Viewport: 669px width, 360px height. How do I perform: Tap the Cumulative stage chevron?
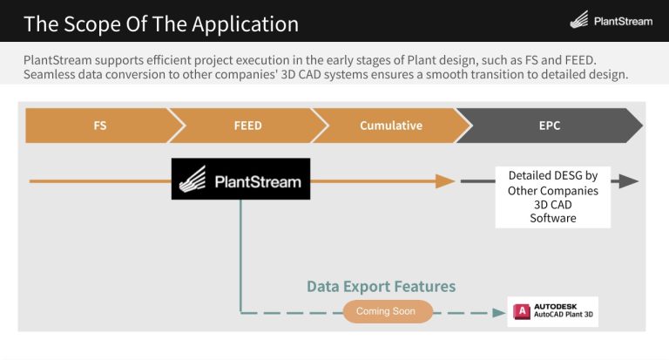390,126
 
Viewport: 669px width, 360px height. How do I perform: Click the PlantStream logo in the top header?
610,21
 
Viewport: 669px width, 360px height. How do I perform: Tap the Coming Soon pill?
387,311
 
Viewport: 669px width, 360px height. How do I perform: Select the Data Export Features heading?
381,286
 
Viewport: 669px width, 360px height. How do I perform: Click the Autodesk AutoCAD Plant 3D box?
553,311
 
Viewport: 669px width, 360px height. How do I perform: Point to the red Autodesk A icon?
522,311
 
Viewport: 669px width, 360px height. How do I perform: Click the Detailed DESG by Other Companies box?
553,197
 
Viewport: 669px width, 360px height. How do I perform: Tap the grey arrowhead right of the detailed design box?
627,181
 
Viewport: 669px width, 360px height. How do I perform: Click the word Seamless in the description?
56,75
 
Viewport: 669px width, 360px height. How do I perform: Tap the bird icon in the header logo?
579,20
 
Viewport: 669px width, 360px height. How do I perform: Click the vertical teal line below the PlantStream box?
240,253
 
